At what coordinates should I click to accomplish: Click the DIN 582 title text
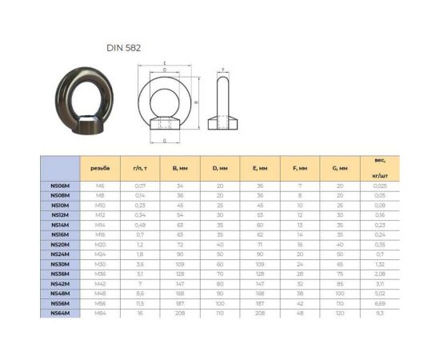(x=125, y=47)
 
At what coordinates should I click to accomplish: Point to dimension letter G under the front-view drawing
(x=165, y=141)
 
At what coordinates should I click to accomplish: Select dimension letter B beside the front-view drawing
(x=196, y=102)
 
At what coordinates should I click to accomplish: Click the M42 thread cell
(x=100, y=283)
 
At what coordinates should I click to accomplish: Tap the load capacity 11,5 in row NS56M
(x=139, y=303)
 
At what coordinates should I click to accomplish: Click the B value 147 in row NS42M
(x=179, y=283)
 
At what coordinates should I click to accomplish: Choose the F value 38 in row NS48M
(x=299, y=294)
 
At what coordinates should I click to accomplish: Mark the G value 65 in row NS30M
(x=339, y=264)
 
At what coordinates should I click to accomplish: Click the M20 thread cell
(x=100, y=244)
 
